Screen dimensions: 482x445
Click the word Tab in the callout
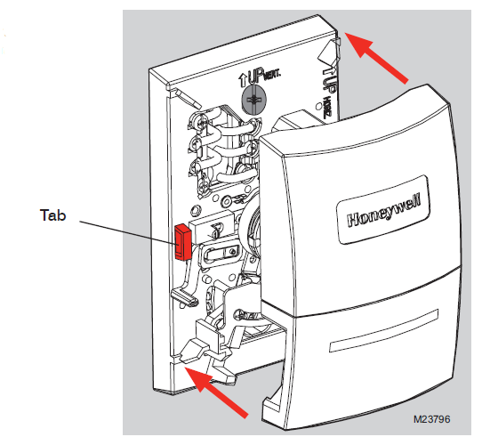point(52,214)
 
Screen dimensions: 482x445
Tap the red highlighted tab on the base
point(182,242)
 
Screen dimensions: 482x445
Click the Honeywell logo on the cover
point(383,210)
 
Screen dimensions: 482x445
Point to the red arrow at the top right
point(377,58)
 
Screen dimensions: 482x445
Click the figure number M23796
point(431,419)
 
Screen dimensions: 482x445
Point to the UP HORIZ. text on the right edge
point(328,93)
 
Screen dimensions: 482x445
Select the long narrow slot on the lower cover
point(383,331)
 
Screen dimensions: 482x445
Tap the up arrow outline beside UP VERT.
point(242,80)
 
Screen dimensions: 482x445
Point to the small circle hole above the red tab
point(195,211)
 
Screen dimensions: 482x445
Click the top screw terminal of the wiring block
point(197,121)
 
